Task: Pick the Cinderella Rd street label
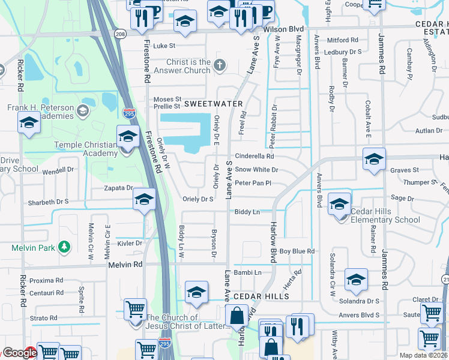[254, 156]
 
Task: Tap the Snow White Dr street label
[256, 170]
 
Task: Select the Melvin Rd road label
[125, 264]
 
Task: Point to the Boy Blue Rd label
[297, 251]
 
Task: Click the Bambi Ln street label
[248, 272]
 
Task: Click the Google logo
[19, 353]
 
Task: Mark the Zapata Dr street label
[117, 188]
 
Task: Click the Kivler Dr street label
[130, 243]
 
